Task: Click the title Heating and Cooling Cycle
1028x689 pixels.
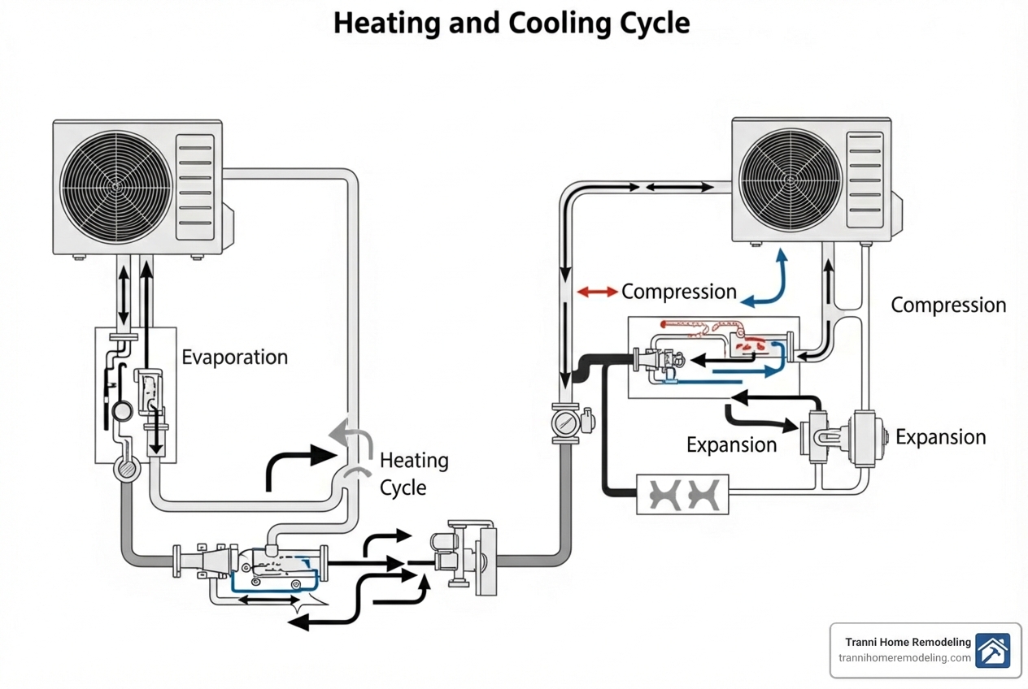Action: pyautogui.click(x=512, y=23)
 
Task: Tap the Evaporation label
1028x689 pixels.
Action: pyautogui.click(x=234, y=357)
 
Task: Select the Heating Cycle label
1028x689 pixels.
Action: pyautogui.click(x=413, y=474)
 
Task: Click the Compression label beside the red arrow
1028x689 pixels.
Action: pyautogui.click(x=678, y=292)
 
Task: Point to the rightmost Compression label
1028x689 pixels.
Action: pyautogui.click(x=948, y=305)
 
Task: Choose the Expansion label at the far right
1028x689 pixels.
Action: pyautogui.click(x=940, y=437)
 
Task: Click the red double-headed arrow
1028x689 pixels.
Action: pyautogui.click(x=597, y=292)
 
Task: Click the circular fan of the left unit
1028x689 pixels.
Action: pyautogui.click(x=115, y=185)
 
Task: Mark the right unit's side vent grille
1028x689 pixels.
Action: pyautogui.click(x=864, y=180)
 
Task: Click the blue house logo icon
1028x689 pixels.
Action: pyautogui.click(x=993, y=651)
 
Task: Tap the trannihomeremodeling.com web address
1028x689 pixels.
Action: pyautogui.click(x=904, y=658)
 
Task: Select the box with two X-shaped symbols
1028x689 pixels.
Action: pyautogui.click(x=682, y=494)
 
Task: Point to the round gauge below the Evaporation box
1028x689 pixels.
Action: pyautogui.click(x=128, y=470)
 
